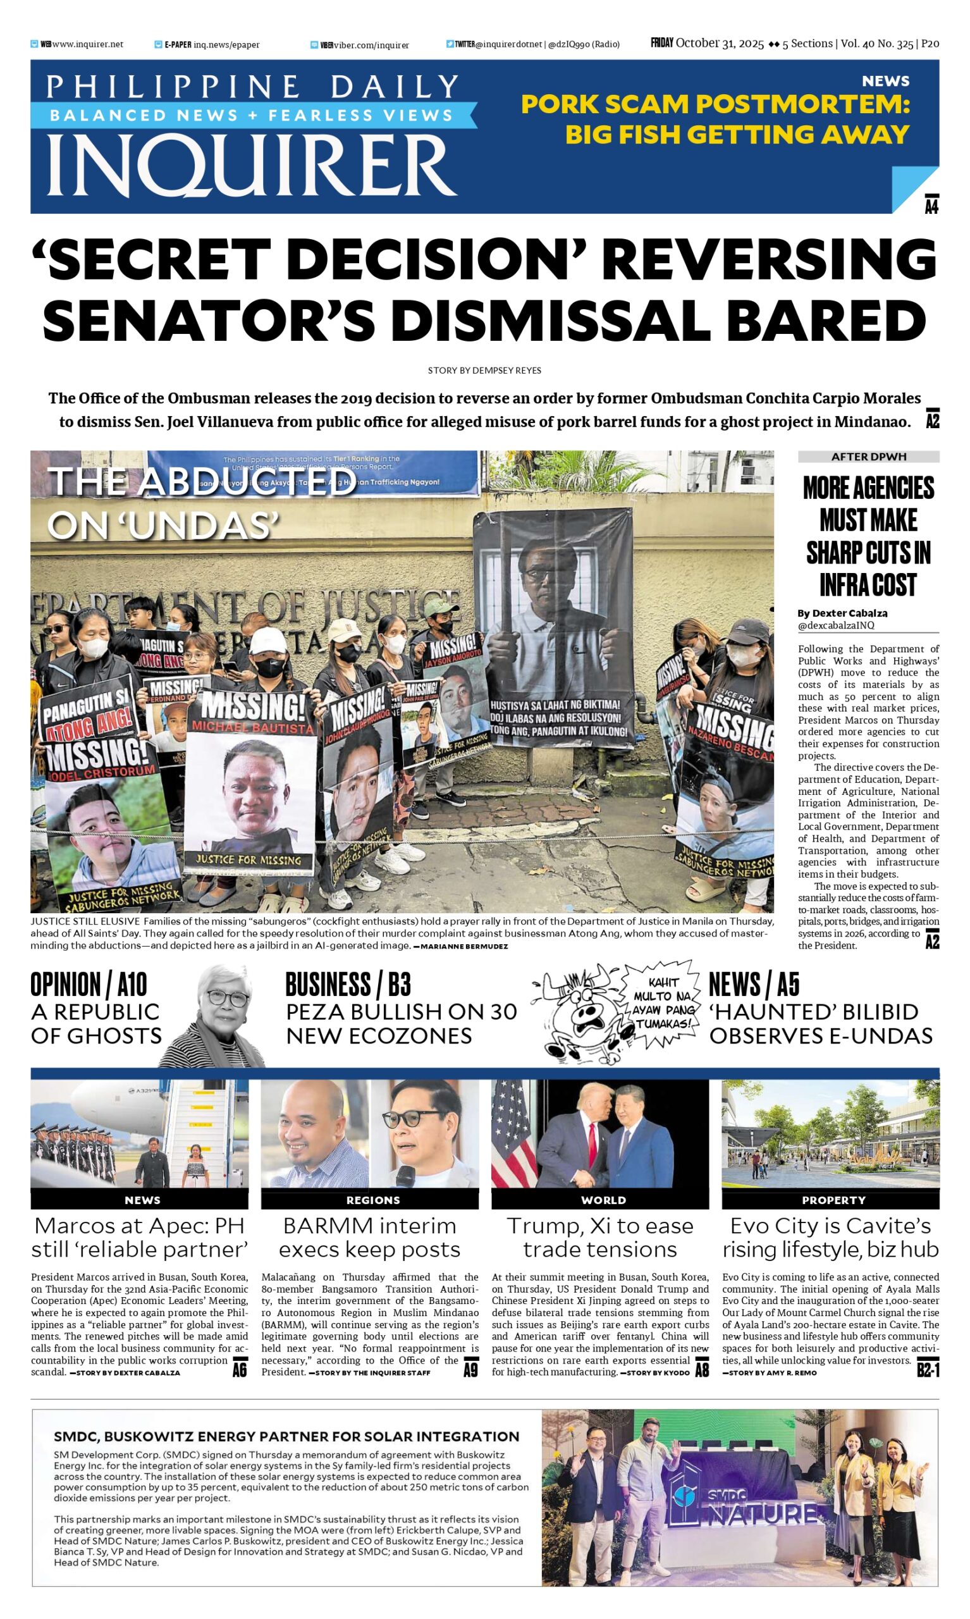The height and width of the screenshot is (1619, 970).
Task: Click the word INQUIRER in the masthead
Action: [252, 164]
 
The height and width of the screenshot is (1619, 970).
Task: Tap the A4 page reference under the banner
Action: [931, 206]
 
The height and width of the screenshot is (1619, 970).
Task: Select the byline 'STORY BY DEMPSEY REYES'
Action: [484, 370]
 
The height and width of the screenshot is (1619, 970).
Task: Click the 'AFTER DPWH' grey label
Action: [868, 456]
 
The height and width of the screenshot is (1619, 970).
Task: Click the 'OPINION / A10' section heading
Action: [89, 984]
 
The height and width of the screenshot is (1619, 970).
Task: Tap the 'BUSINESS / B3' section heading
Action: [348, 984]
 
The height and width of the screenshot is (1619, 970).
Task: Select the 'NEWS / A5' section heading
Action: [754, 984]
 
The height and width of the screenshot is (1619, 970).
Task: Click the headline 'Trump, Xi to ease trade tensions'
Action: [600, 1237]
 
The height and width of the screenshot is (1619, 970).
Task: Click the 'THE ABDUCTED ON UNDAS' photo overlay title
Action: [196, 503]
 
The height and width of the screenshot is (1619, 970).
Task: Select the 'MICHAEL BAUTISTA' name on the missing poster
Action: [252, 727]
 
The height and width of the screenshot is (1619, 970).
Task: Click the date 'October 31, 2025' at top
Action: [719, 44]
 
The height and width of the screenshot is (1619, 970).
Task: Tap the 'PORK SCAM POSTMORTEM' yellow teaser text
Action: [715, 104]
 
